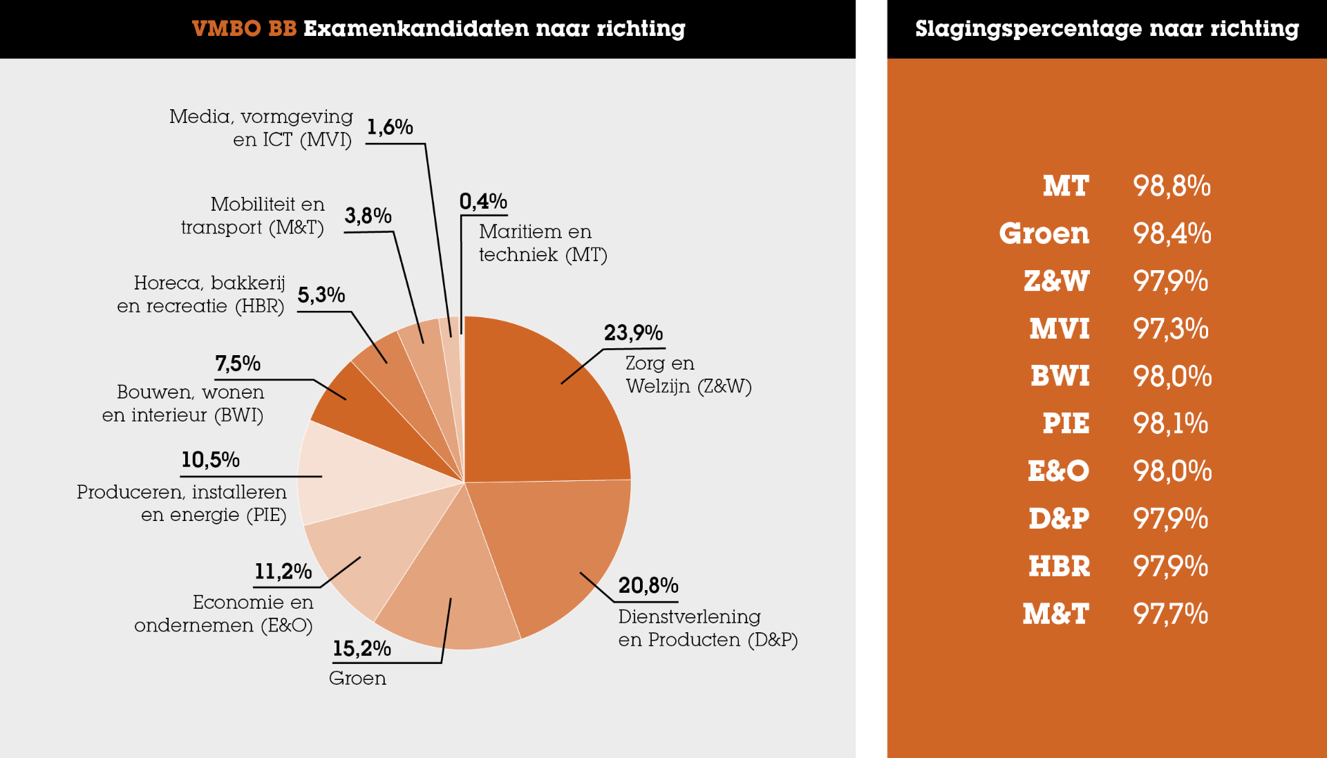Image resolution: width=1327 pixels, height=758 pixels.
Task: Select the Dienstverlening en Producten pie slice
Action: tap(553, 546)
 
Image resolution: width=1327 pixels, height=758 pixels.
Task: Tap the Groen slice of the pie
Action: tap(449, 587)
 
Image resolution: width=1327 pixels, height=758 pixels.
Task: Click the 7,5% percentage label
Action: tap(237, 363)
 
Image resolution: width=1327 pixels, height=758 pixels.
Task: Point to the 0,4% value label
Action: tap(483, 202)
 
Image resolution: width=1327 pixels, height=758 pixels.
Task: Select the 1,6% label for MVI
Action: tap(389, 127)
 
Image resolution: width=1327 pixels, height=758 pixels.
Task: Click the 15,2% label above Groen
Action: tap(361, 649)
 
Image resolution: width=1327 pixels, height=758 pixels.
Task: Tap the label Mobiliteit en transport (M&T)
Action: tap(254, 216)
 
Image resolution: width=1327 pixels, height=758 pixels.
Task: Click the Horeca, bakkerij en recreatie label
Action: tap(201, 294)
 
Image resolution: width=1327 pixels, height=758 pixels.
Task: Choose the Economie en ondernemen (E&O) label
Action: tap(224, 614)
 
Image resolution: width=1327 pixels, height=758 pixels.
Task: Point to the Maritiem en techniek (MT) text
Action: tap(543, 243)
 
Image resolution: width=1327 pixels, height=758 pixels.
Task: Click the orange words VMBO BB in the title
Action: tap(244, 28)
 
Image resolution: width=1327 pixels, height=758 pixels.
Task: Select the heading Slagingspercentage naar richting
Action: tap(1107, 28)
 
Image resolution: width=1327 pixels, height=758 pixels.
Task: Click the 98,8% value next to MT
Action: tap(1171, 186)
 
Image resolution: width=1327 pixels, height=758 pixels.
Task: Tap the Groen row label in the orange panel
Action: tap(1044, 234)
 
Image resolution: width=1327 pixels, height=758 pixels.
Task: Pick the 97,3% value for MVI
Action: tap(1171, 328)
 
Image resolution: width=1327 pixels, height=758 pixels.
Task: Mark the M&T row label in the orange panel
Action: tap(1055, 614)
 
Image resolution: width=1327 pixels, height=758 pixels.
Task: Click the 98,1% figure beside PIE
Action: tap(1171, 424)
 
